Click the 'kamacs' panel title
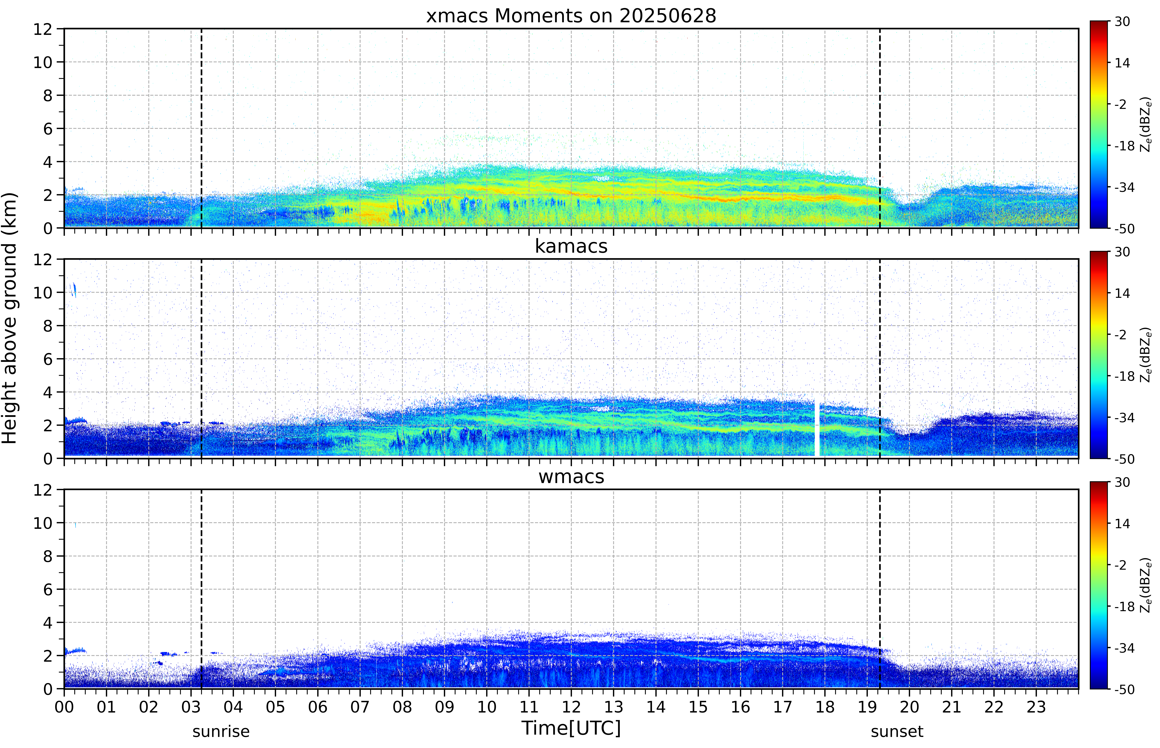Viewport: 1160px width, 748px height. pos(571,246)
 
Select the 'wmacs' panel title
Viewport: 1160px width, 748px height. pos(571,476)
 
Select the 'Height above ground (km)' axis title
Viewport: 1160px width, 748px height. pos(10,318)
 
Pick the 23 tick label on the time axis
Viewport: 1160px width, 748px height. pos(1036,707)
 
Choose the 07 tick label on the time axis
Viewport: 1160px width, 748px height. pos(360,707)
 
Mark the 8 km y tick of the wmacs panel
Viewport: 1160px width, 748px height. pos(48,556)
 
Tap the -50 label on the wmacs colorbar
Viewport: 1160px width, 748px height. pos(1124,689)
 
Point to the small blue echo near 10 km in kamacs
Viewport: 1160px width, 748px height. pos(73,290)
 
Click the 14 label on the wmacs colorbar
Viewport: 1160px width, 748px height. pos(1122,524)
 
